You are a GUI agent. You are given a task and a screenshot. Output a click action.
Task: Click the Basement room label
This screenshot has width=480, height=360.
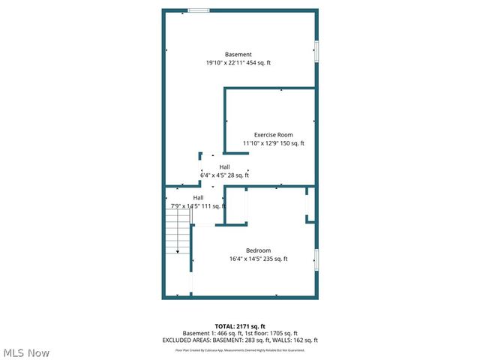(x=238, y=54)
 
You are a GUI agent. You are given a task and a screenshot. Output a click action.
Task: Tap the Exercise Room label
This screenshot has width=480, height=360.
(x=273, y=134)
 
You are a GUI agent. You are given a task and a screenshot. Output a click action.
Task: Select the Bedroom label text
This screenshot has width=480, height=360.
(x=258, y=250)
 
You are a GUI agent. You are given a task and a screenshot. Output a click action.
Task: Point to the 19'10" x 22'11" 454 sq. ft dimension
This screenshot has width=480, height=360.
(x=238, y=63)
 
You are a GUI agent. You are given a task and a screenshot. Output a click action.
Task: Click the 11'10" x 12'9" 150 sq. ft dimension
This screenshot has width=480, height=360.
(x=273, y=143)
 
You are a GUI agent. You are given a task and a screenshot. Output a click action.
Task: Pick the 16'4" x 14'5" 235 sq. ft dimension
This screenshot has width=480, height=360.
(x=258, y=259)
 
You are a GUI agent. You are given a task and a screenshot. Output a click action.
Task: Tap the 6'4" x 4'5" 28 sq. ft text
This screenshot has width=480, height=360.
(x=224, y=175)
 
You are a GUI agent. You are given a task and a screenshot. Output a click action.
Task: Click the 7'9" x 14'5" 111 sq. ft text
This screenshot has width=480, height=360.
(x=197, y=206)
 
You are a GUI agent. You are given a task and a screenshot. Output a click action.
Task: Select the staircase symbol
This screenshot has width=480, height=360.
(x=178, y=230)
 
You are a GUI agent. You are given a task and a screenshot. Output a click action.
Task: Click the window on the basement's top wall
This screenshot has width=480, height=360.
(x=199, y=10)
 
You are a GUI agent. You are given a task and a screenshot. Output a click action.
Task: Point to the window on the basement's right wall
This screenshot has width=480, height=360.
(x=316, y=50)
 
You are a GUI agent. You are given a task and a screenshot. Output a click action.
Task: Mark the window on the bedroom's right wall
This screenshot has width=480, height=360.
(x=316, y=259)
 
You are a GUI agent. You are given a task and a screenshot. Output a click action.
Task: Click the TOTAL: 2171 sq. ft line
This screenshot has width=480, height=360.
(x=240, y=326)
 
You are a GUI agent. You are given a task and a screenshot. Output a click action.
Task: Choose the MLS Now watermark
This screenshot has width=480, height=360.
(x=26, y=352)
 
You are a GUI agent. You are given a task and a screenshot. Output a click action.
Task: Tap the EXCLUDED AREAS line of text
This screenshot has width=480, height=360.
(x=240, y=340)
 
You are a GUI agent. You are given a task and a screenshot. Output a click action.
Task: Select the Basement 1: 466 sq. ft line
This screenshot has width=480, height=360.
(x=240, y=333)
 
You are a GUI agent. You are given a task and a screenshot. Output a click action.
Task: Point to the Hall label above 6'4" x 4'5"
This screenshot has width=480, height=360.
(x=224, y=166)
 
